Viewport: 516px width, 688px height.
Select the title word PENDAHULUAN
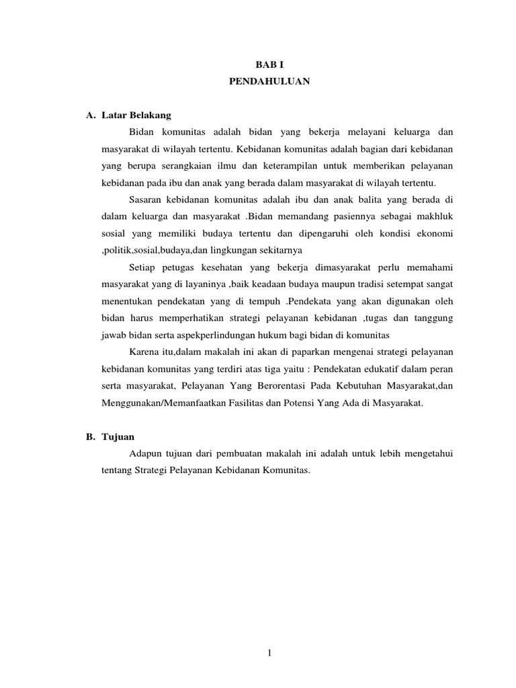(258, 83)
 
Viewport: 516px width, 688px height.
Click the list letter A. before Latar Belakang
(91, 116)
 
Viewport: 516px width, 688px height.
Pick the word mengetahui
(426, 454)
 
